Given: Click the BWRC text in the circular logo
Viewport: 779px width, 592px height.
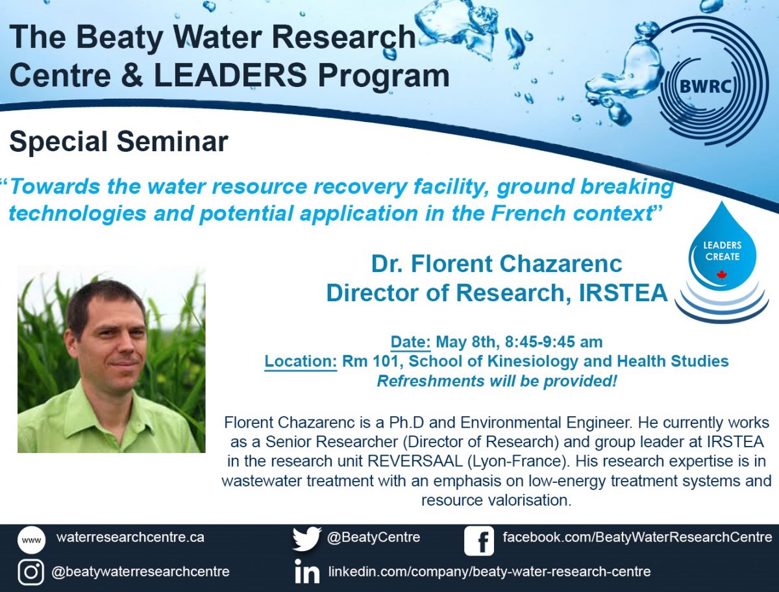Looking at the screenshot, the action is pos(705,86).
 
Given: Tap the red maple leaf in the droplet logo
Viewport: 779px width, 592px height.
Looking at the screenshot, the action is pos(721,275).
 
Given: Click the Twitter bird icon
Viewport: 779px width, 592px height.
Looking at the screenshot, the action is pos(307,539).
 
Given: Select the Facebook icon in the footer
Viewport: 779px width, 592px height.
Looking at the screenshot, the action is pos(478,541).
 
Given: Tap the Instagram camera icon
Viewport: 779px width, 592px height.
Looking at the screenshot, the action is pos(31,572).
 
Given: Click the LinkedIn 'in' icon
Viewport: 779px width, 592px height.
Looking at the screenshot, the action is pos(307,571).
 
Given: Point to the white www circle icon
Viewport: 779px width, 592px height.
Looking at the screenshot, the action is pos(31,540).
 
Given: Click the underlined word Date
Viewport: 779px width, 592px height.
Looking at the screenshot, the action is pos(411,342).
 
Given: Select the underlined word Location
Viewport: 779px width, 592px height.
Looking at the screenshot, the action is pos(301,362).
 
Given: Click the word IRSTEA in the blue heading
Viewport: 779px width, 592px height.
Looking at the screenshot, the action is pos(623,293).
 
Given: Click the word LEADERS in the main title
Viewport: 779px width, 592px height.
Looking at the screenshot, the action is pos(230,75).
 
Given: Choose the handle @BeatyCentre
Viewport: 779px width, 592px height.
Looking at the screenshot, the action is pos(373,537).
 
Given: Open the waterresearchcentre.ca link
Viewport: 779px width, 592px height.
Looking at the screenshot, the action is pos(130,537).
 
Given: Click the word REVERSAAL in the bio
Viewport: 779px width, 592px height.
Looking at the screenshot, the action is pos(415,461).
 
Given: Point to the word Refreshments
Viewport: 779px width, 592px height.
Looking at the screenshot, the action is pos(430,381).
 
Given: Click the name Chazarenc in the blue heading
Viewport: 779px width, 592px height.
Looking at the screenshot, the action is pos(561,264).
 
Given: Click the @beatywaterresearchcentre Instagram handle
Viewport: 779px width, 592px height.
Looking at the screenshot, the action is pos(140,572).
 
